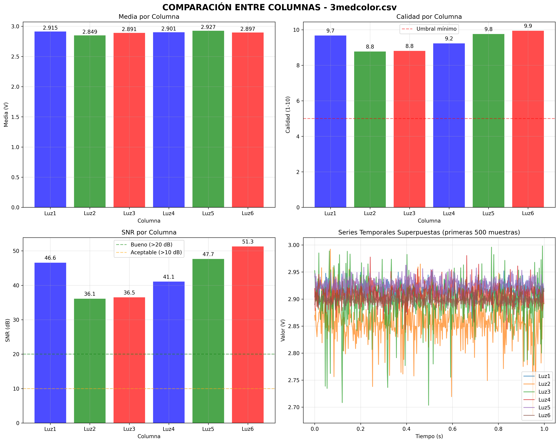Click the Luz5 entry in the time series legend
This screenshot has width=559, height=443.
537,407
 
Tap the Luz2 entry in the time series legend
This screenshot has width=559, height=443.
537,384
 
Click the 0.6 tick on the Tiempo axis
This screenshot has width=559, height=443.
452,429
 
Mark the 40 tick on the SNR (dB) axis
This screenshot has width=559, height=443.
16,285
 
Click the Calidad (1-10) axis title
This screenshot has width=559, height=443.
288,115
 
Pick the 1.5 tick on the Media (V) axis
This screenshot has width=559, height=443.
16,117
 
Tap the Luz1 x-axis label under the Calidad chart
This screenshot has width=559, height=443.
330,213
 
